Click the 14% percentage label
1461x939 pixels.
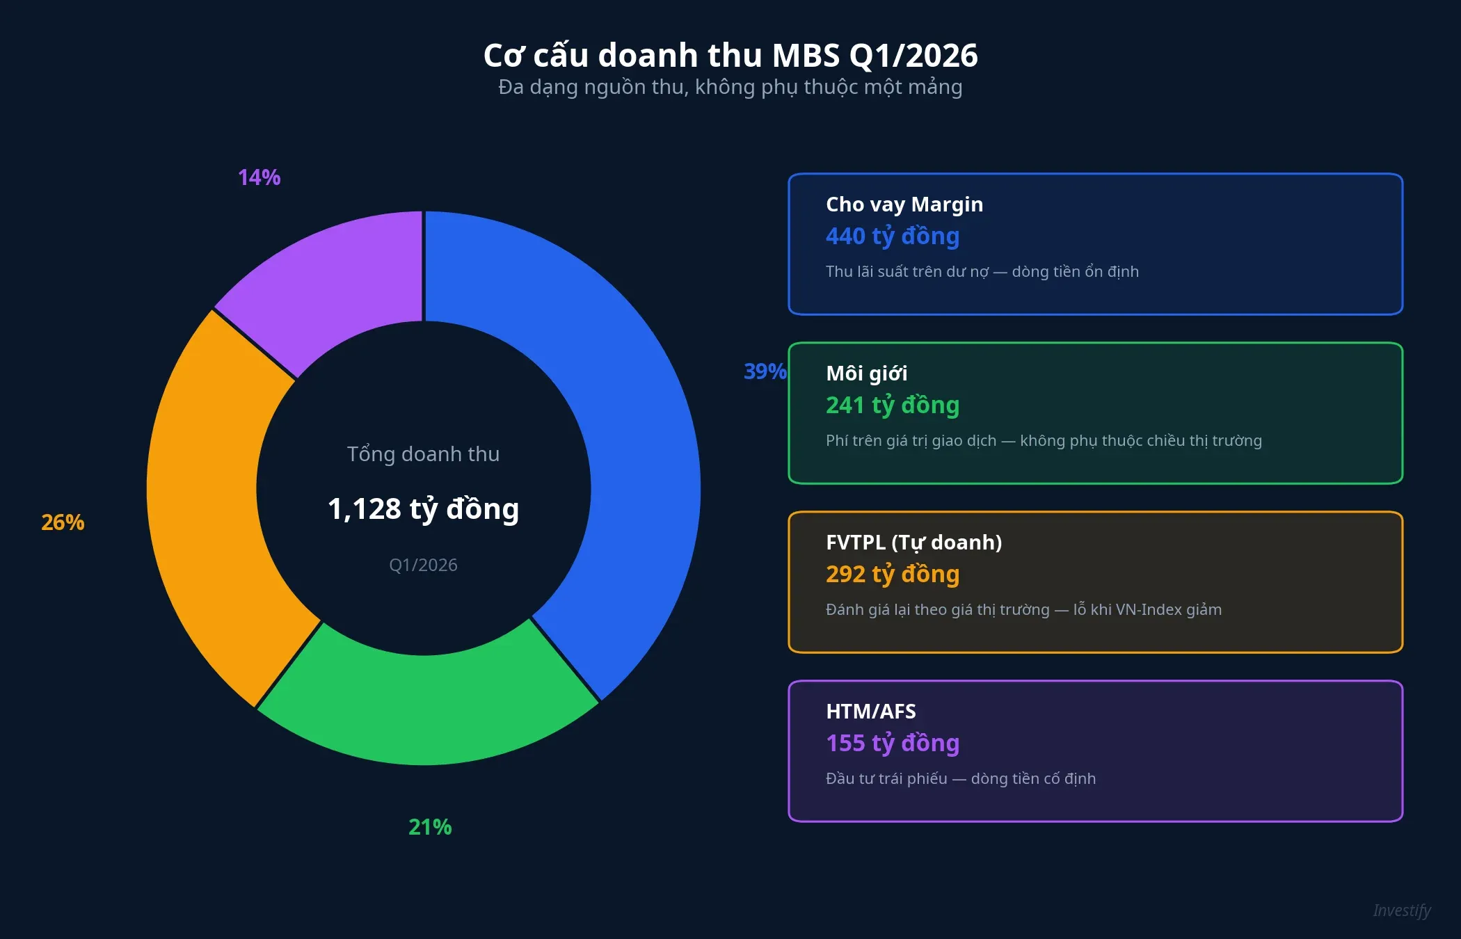click(259, 177)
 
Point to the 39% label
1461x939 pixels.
click(765, 371)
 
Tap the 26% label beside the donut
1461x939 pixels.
click(63, 522)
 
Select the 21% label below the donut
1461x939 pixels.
click(430, 827)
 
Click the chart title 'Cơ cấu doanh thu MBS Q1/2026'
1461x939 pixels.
click(730, 55)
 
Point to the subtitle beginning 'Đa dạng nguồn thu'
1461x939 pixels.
click(730, 88)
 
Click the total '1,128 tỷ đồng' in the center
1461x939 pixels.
click(423, 509)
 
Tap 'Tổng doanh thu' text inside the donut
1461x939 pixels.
click(423, 454)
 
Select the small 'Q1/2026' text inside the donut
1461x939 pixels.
click(423, 565)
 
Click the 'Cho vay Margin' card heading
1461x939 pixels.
click(904, 204)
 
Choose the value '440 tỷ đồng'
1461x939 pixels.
click(893, 236)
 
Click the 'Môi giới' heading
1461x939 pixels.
click(866, 374)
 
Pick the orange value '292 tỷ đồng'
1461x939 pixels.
click(893, 575)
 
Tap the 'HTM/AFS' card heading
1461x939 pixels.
click(870, 712)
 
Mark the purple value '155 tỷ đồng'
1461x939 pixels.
click(893, 744)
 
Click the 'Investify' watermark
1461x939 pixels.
click(1401, 910)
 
